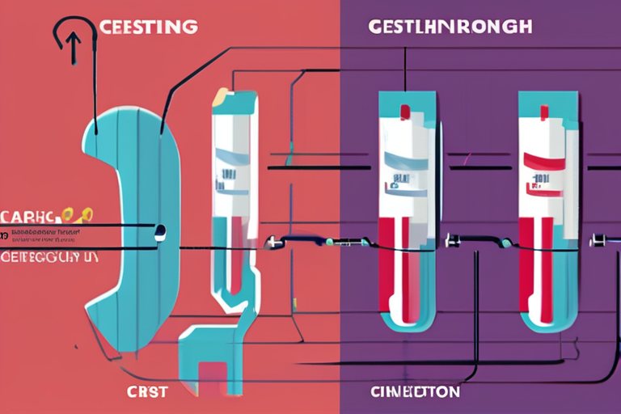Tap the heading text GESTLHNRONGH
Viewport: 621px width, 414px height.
coord(450,26)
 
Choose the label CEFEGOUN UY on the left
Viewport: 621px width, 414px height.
coord(46,258)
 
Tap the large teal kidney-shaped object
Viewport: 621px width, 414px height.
coord(121,226)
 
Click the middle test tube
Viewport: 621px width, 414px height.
coord(407,210)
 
